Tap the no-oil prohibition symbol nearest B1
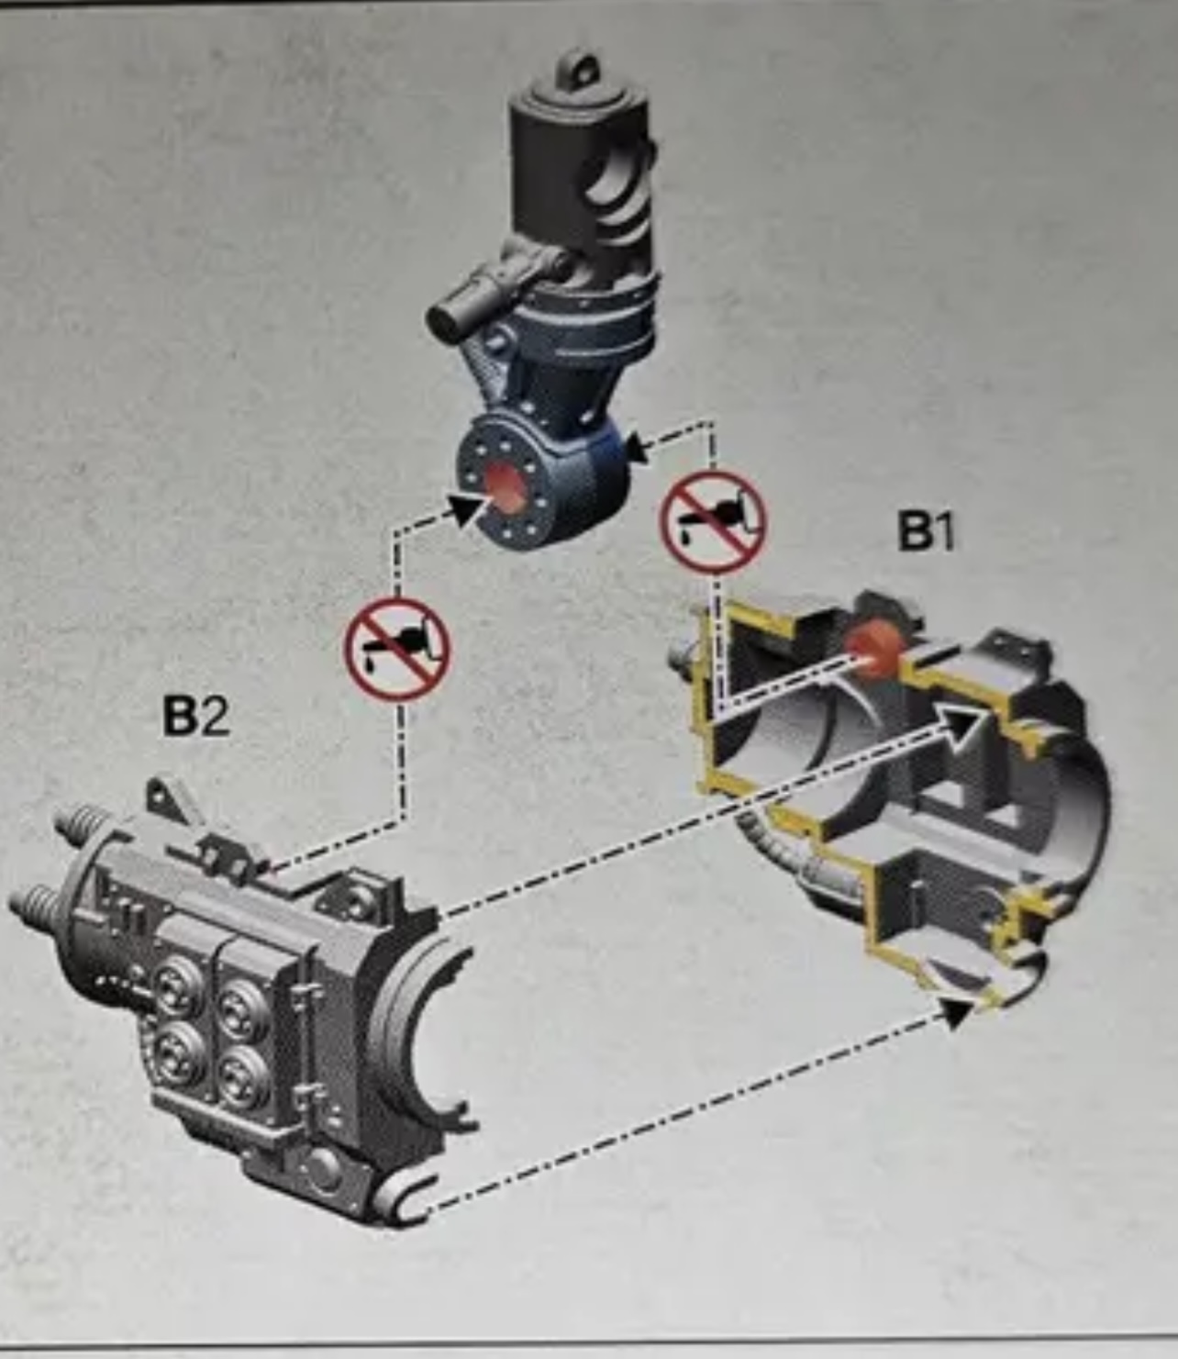pos(713,521)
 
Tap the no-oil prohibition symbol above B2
pos(397,648)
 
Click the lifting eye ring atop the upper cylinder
pos(578,69)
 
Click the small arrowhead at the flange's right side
pos(637,449)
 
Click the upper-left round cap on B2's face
pos(177,986)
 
